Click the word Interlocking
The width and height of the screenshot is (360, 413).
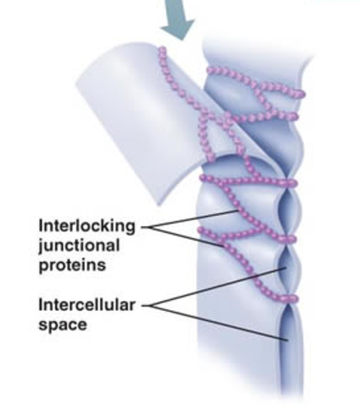[x=86, y=225]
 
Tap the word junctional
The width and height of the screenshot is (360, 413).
[x=79, y=245]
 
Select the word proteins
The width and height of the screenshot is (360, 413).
[x=72, y=265]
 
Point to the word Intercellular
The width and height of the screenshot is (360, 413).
[x=86, y=305]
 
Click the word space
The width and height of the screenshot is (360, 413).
[x=62, y=324]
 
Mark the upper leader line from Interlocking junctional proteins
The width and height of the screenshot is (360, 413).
[x=193, y=219]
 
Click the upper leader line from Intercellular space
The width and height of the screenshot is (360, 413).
[x=220, y=287]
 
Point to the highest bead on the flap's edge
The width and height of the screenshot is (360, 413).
[x=162, y=50]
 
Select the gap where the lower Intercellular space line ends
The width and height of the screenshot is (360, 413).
[x=287, y=340]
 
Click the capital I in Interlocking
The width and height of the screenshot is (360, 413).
[x=41, y=225]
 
